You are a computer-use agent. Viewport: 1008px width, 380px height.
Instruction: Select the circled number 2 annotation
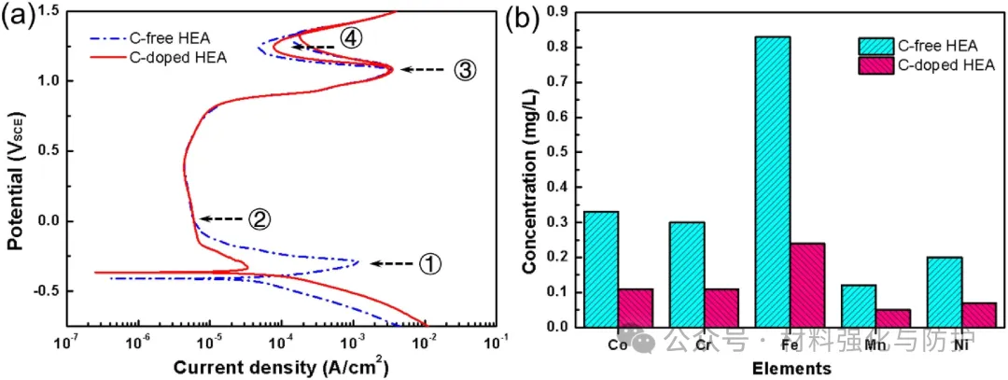[x=259, y=219]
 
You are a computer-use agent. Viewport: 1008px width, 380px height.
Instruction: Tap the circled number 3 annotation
[x=466, y=69]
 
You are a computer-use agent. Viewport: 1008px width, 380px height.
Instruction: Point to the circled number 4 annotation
[x=350, y=38]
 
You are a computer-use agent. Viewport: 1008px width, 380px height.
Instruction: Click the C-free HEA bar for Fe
[x=772, y=181]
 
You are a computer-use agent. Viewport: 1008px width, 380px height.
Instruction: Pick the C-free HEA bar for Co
[x=600, y=269]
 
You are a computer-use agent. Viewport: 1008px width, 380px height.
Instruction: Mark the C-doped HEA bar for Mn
[x=893, y=317]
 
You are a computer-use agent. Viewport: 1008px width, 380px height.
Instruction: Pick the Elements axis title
[x=791, y=368]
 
